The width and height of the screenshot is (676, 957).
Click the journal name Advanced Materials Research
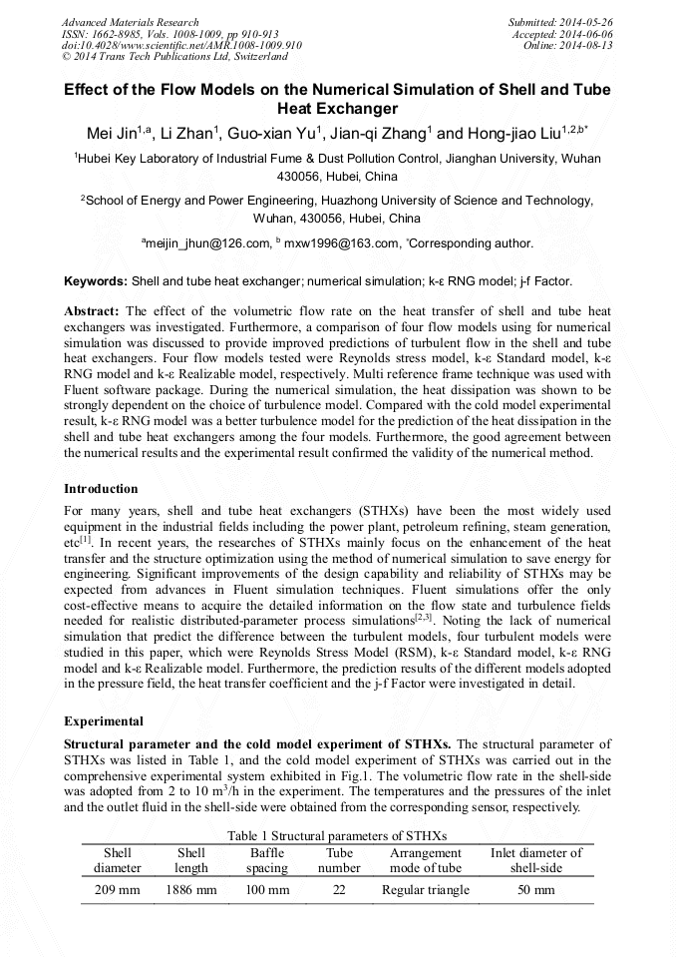(x=131, y=22)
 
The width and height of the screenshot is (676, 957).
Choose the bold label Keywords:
(x=95, y=282)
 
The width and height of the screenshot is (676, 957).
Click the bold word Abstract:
(x=92, y=311)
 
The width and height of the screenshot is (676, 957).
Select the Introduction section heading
(x=101, y=489)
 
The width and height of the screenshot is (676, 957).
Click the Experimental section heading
(x=104, y=719)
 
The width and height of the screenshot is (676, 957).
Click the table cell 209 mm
(x=118, y=889)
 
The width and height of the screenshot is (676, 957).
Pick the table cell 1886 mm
(x=190, y=889)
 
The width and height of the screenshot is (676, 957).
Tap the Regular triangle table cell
(x=425, y=889)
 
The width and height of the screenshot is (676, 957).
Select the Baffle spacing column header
(x=267, y=860)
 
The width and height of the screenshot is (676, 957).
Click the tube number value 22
(x=339, y=889)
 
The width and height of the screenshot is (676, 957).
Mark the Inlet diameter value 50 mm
(x=535, y=889)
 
